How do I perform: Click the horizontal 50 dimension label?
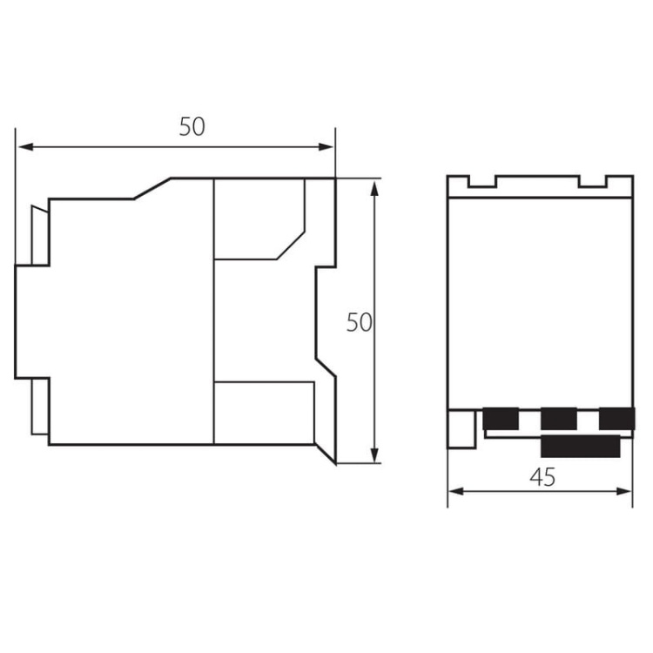(x=192, y=127)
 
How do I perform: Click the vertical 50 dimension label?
(x=359, y=322)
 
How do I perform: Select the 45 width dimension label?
(x=542, y=477)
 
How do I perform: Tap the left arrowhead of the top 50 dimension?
(x=26, y=146)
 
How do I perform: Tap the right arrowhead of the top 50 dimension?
(x=326, y=146)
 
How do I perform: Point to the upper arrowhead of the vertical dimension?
(x=374, y=189)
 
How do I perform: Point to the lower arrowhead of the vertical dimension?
(x=374, y=454)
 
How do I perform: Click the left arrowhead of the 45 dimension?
(x=456, y=491)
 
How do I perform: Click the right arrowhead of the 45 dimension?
(x=624, y=491)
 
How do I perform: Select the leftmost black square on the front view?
(x=501, y=419)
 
